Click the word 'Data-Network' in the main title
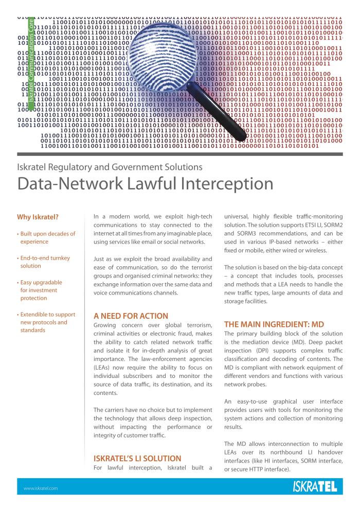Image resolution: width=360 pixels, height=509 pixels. [70, 184]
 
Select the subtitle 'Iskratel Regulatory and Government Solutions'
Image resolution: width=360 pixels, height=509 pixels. [110, 167]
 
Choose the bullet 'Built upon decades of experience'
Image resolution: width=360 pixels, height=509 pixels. [46, 238]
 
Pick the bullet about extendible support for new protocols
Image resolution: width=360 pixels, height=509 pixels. [46, 322]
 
